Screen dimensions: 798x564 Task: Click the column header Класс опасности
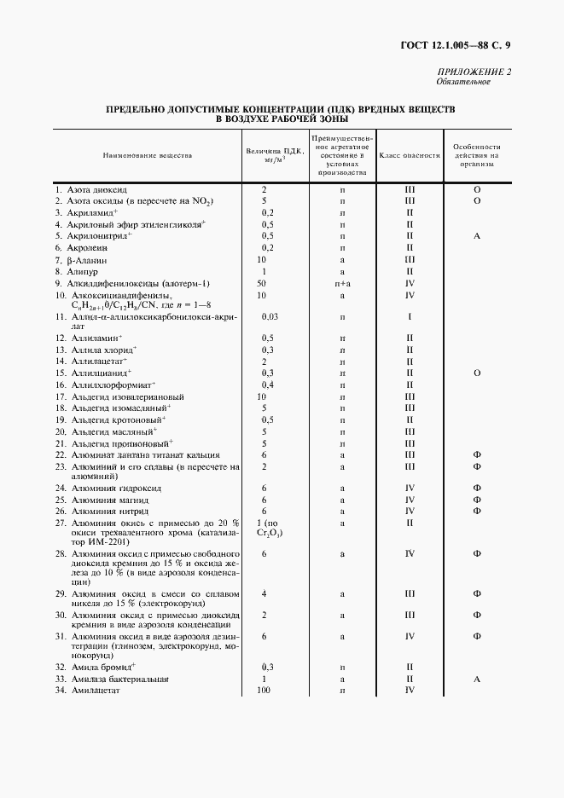tap(410, 156)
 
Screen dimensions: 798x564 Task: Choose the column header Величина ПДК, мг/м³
tap(272, 154)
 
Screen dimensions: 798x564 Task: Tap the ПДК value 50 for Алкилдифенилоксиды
tap(261, 282)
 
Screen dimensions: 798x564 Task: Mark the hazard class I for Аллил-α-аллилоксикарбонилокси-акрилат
tap(410, 316)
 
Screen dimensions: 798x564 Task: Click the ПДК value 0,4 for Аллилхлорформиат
tap(267, 385)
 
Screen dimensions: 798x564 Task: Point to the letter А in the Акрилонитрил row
tap(477, 235)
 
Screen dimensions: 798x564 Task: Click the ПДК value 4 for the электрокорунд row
tap(265, 593)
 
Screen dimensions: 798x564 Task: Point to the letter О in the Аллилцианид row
tap(477, 373)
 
